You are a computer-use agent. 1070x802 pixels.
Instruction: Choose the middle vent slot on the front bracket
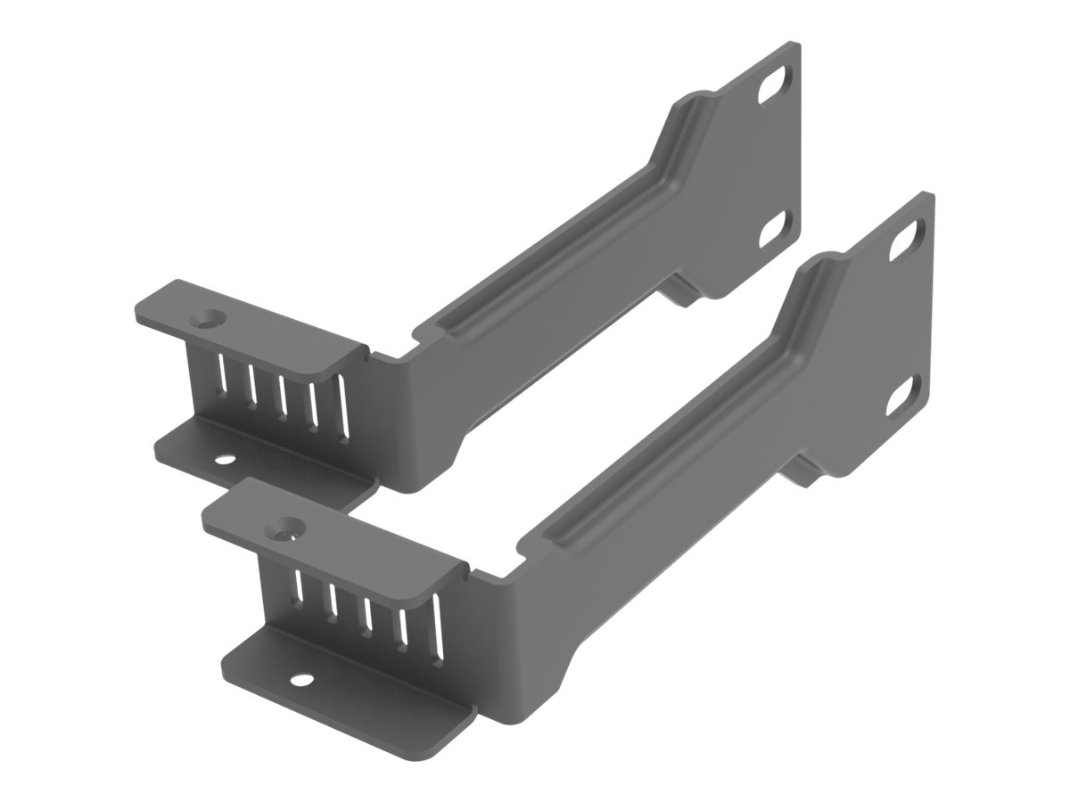366,607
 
